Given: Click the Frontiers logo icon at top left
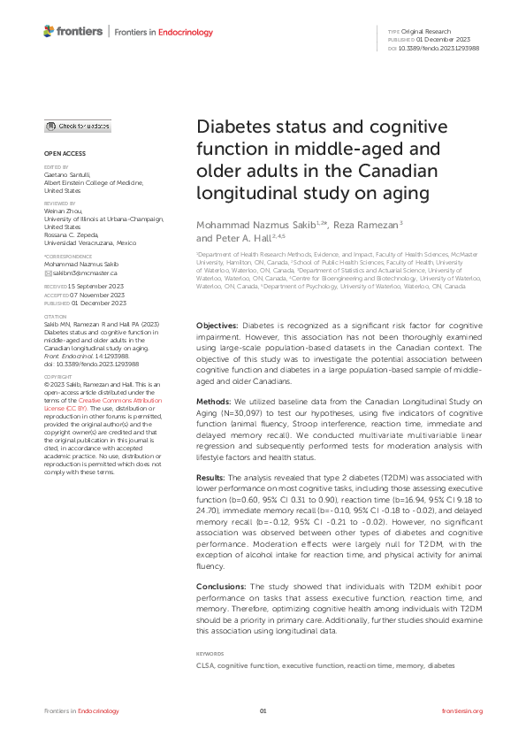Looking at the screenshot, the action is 50,32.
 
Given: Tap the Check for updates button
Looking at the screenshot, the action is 78,127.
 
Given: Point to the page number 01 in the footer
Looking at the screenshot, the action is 263,710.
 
